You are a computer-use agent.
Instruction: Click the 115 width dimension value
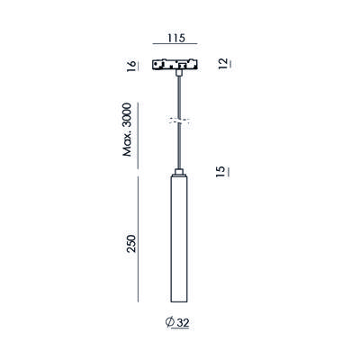[x=176, y=38]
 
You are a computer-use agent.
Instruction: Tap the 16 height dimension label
[x=131, y=66]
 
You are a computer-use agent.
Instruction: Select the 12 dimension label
[x=223, y=64]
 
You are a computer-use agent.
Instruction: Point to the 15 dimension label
[x=220, y=171]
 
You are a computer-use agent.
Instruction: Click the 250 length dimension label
[x=131, y=244]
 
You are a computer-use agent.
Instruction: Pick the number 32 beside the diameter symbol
[x=183, y=323]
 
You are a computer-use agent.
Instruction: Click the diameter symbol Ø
[x=170, y=322]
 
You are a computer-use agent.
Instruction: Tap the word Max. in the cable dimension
[x=127, y=147]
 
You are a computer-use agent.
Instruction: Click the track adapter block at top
[x=176, y=65]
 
